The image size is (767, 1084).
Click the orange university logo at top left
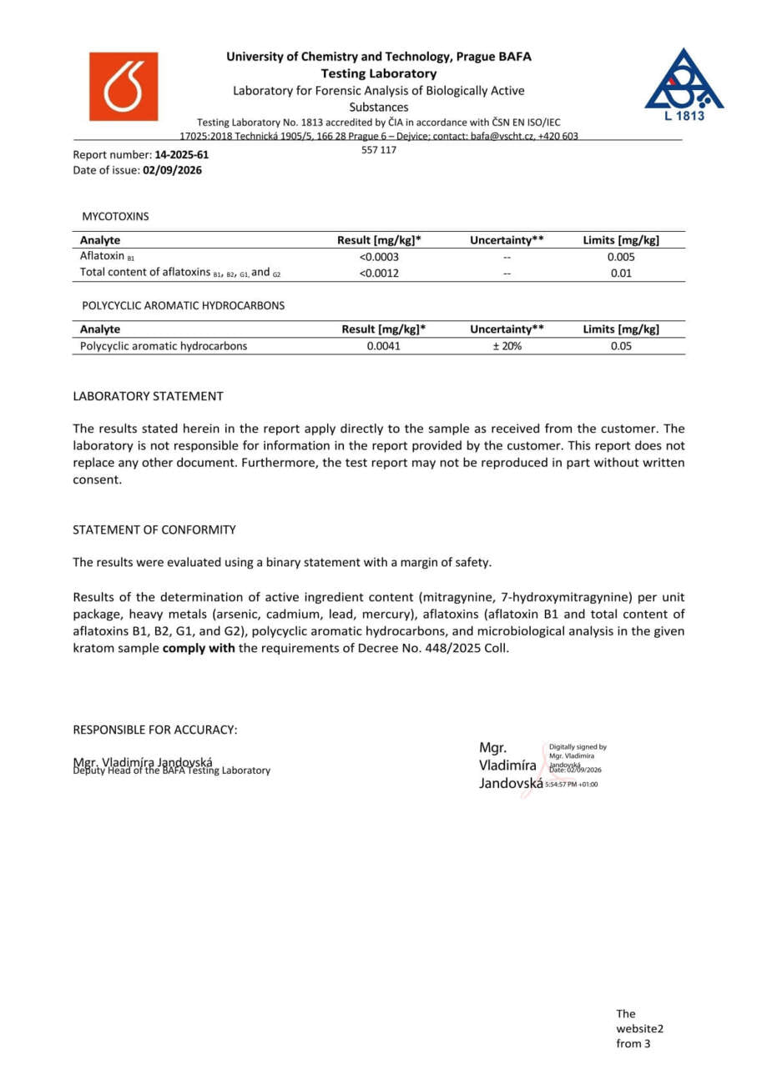[124, 87]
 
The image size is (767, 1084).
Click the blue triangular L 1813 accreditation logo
[684, 83]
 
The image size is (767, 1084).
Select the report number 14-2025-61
[182, 155]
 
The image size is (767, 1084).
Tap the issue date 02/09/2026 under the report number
[173, 170]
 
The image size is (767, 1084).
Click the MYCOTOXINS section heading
[115, 216]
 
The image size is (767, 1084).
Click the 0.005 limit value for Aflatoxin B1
[621, 257]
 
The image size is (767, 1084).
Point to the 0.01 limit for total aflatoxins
[621, 273]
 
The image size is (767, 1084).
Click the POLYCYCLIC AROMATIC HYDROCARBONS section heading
[183, 305]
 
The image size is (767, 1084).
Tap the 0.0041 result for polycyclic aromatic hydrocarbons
[384, 346]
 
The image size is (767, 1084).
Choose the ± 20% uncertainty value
[507, 346]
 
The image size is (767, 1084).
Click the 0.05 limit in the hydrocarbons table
[621, 346]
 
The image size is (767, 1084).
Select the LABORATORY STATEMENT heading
[148, 396]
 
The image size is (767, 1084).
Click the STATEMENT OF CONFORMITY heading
[154, 529]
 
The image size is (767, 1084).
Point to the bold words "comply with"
[199, 648]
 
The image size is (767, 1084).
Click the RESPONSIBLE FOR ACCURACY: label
[155, 730]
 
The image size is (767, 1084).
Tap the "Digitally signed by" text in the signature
[578, 747]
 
